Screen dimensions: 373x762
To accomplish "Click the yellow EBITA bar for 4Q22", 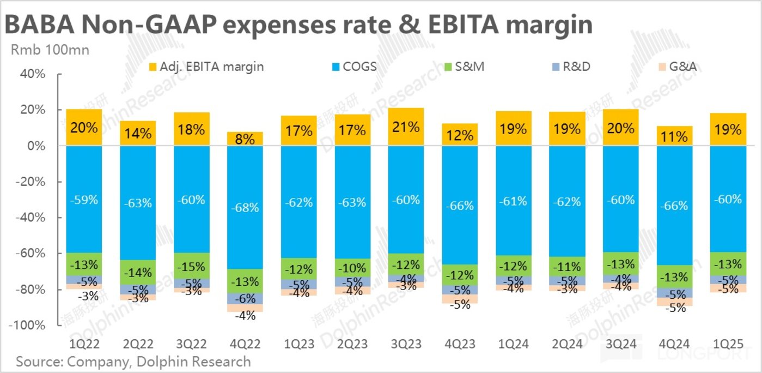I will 245,139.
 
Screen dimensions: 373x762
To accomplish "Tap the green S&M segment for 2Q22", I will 138,272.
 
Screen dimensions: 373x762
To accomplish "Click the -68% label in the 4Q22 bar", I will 245,208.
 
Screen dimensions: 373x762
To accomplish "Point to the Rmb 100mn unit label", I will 50,50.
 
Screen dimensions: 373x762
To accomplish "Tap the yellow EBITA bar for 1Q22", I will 84,128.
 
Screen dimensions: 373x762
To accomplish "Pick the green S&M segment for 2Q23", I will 352,268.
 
